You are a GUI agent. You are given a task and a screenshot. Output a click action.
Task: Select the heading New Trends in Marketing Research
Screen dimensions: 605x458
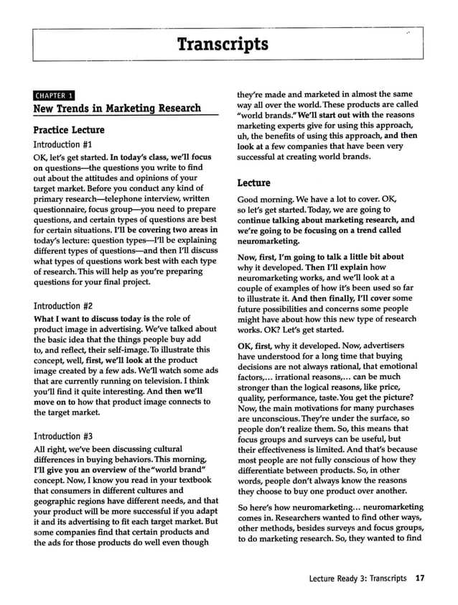[118, 108]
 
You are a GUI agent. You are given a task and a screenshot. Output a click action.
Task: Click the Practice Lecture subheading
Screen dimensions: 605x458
[68, 130]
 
